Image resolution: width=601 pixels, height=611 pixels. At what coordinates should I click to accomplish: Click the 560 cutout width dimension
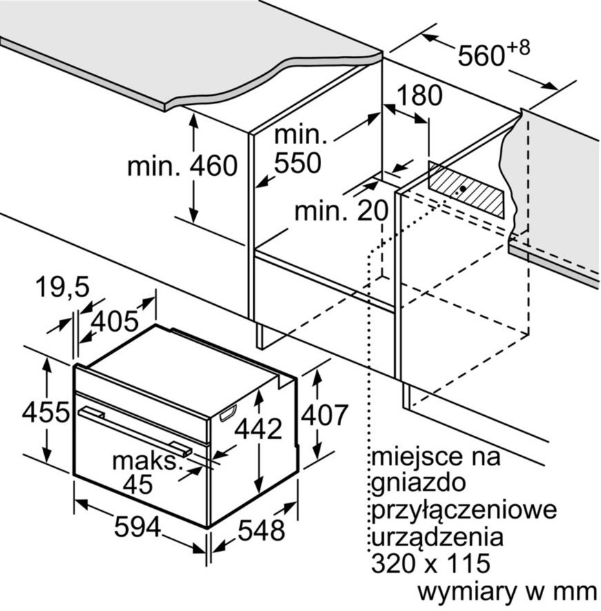[482, 55]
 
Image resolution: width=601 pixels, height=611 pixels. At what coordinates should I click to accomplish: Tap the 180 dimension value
[420, 94]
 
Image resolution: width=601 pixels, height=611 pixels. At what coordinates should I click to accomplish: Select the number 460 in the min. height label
[214, 166]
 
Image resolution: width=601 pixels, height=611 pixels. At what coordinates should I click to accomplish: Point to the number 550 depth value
[298, 162]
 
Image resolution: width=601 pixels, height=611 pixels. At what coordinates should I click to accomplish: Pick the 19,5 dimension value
[62, 287]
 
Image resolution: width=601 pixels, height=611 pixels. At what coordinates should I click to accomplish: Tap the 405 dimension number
[114, 321]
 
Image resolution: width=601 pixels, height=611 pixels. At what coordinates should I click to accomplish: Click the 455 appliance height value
[45, 412]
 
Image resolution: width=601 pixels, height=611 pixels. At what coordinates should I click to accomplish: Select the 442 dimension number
[258, 429]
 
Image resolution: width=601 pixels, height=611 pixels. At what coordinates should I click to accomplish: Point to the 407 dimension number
[325, 414]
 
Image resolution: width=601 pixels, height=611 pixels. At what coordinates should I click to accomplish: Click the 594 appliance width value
[137, 527]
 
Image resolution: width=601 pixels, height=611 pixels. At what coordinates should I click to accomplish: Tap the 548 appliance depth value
[261, 530]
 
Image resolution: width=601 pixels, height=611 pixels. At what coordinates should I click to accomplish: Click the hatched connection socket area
[466, 190]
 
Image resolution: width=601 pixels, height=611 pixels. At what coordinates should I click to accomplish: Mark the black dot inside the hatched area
[462, 188]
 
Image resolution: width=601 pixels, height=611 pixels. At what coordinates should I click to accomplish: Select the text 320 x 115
[430, 563]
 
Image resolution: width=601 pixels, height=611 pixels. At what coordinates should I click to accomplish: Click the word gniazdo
[418, 483]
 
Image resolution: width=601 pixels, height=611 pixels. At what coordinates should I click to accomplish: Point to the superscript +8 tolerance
[518, 48]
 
